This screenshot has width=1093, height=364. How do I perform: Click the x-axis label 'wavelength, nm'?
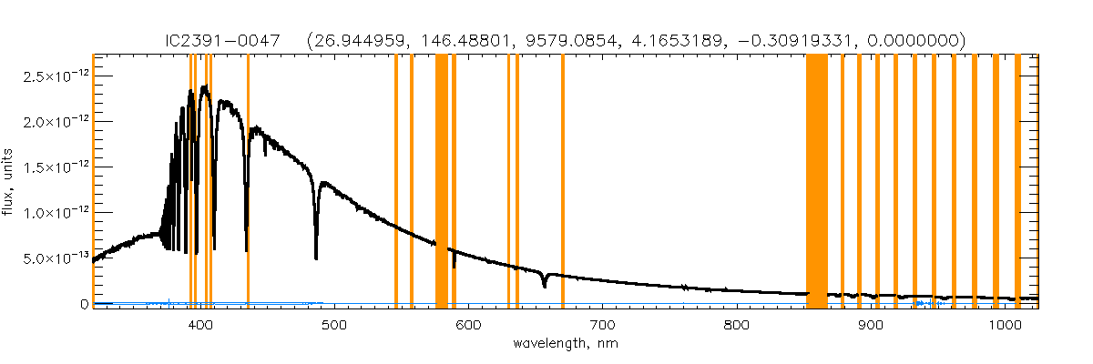click(x=565, y=345)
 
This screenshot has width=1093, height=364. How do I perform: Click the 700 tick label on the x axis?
click(x=602, y=324)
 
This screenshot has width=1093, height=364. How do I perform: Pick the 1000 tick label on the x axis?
click(x=1005, y=324)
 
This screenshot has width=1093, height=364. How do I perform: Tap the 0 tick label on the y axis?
click(x=83, y=304)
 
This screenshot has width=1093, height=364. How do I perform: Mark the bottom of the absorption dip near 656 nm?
click(x=545, y=287)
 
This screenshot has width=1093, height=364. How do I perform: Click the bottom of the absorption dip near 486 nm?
click(x=316, y=258)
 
